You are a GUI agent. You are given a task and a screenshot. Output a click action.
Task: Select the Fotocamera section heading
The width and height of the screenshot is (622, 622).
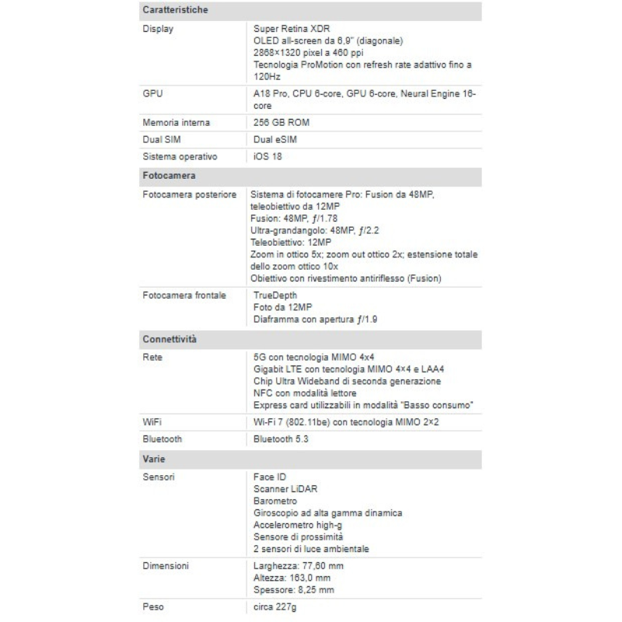(x=169, y=176)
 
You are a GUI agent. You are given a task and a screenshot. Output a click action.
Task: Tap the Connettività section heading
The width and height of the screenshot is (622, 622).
(x=169, y=340)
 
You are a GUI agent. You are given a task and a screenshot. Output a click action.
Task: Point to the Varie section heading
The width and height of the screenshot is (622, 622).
(x=154, y=460)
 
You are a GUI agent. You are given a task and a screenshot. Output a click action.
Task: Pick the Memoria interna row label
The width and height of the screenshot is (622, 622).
(x=176, y=123)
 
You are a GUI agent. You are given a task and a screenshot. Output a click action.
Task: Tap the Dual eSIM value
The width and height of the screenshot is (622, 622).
(x=275, y=140)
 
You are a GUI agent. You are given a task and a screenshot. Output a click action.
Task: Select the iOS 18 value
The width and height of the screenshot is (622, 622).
(x=268, y=156)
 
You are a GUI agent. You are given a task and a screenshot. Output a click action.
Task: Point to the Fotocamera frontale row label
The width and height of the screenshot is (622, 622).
(x=184, y=296)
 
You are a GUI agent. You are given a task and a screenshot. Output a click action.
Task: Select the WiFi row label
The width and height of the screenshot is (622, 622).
(x=152, y=422)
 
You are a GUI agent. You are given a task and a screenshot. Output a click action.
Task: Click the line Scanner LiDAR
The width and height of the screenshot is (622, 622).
(x=285, y=489)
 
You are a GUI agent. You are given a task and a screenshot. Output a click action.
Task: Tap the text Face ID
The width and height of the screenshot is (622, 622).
(x=270, y=477)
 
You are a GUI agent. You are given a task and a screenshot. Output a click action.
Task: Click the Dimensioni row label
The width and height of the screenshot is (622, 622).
(x=166, y=565)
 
